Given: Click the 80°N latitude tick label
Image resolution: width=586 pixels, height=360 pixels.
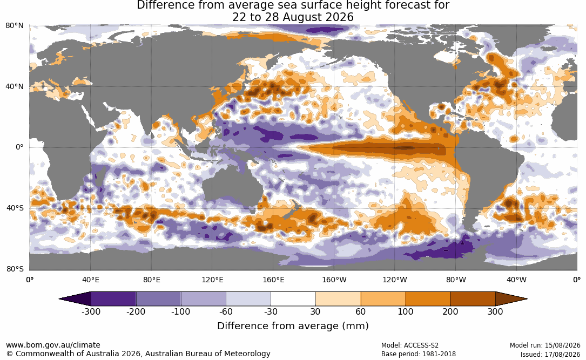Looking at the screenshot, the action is click(15, 26).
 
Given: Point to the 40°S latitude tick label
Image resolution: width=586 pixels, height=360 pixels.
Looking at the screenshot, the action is click(15, 208).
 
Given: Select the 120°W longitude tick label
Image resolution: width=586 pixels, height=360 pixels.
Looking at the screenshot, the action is click(395, 280).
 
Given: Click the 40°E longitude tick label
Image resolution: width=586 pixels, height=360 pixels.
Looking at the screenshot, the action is click(91, 280).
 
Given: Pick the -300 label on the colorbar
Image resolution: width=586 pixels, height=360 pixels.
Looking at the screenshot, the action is click(91, 311).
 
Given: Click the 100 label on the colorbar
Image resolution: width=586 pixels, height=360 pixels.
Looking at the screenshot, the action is click(406, 311).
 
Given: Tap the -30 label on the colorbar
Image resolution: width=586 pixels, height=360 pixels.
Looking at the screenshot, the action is click(271, 311).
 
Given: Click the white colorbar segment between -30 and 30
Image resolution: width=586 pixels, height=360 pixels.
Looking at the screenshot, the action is click(293, 299).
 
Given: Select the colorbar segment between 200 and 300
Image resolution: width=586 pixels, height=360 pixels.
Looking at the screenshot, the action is click(473, 299).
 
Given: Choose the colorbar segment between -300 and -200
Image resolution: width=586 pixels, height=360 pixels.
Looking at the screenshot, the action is click(113, 299).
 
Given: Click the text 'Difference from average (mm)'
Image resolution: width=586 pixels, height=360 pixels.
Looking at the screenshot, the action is click(293, 326).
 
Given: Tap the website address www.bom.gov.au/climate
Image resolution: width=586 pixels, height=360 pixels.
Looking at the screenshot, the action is click(53, 345).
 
